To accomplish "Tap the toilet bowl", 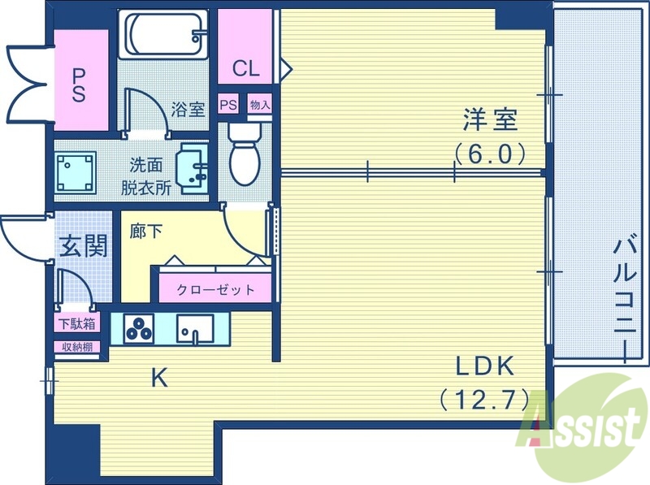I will pos(242,154).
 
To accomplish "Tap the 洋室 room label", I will pos(490,120).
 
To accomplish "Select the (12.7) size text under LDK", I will pos(485,399).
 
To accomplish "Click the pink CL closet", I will pos(245,67).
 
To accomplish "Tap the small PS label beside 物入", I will pos(229,105).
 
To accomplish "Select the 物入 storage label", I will pos(259,105).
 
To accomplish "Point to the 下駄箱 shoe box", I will pos(76,323).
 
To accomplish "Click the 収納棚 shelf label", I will pos(76,347).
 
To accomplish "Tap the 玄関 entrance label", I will pos(84,245).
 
